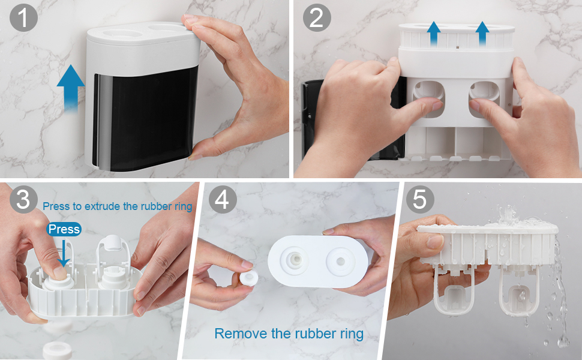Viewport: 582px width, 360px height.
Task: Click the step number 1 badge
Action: pyautogui.click(x=23, y=17)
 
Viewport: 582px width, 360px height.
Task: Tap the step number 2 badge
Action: pyautogui.click(x=317, y=17)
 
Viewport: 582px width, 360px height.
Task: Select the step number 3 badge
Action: pyautogui.click(x=23, y=199)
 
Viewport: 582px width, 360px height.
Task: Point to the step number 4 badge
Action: pyautogui.click(x=223, y=199)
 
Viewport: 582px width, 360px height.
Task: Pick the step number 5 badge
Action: pyautogui.click(x=420, y=199)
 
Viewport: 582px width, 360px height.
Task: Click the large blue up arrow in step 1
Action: pyautogui.click(x=71, y=88)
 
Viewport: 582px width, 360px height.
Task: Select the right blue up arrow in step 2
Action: pyautogui.click(x=482, y=34)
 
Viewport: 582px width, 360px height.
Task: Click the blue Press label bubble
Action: pyautogui.click(x=64, y=229)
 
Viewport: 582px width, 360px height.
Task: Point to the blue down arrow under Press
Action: pyautogui.click(x=64, y=253)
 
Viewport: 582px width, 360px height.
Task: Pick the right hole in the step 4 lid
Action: pyautogui.click(x=340, y=262)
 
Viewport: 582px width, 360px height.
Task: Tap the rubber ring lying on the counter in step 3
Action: pyautogui.click(x=57, y=351)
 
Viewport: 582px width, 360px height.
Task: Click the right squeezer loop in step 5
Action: pyautogui.click(x=519, y=292)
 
